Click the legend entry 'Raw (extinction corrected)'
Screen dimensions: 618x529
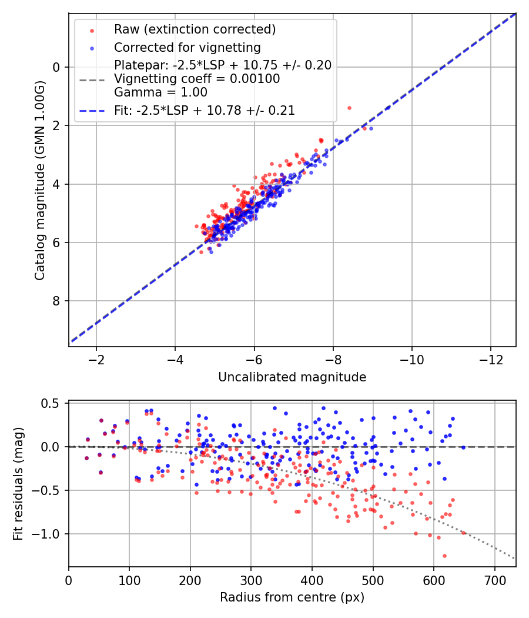tap(195, 29)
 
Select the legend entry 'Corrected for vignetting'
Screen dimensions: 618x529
tap(187, 47)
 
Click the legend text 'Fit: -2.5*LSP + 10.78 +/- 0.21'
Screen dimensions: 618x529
tap(204, 110)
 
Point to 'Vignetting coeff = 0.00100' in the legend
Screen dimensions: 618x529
tap(197, 79)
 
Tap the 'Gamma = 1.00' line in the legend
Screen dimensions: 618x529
tap(160, 92)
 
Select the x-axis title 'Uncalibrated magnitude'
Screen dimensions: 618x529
tap(292, 377)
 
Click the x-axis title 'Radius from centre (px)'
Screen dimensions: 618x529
tap(292, 597)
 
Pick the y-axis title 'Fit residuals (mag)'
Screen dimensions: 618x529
tap(18, 484)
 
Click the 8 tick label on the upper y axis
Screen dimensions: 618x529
tap(57, 301)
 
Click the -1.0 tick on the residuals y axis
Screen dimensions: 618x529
tap(49, 534)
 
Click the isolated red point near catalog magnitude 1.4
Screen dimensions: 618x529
tap(349, 108)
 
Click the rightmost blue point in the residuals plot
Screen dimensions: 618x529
tap(463, 447)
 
